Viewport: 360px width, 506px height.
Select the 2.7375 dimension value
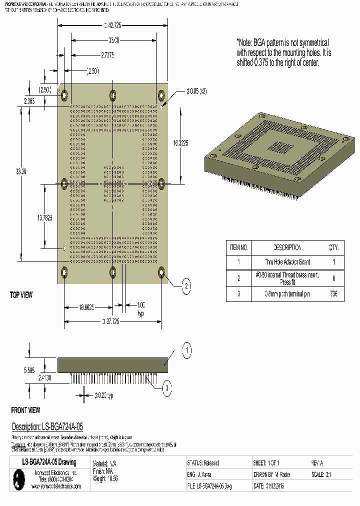pos(107,55)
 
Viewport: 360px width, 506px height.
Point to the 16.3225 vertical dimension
pos(180,142)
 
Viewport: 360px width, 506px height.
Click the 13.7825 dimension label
pos(44,217)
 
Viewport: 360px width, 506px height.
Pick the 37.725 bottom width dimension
pos(113,321)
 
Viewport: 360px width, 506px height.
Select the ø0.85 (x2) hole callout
pos(196,91)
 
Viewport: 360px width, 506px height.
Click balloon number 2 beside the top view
pos(185,286)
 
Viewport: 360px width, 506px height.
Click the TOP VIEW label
pos(21,295)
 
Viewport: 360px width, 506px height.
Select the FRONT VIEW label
pos(25,410)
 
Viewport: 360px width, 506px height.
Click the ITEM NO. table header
pos(238,247)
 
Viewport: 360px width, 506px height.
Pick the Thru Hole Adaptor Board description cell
pos(287,262)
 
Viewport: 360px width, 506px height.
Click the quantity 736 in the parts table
pos(333,294)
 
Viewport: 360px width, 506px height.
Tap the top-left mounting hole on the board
pos(64,94)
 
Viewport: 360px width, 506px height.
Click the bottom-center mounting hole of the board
pos(113,272)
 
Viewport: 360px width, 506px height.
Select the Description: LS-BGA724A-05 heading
pos(47,426)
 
